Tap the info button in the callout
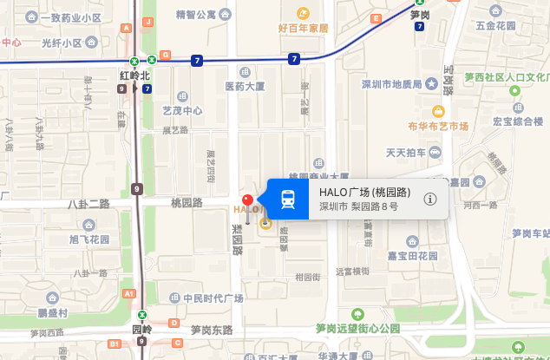430,200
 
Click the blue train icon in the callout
288,200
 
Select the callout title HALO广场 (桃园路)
364,193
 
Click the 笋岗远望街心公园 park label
357,328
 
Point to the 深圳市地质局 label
390,84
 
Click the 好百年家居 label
304,28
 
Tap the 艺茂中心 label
182,110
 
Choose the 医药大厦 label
245,86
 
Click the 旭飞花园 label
89,239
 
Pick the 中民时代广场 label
213,298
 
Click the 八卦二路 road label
89,203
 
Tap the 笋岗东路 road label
212,330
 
